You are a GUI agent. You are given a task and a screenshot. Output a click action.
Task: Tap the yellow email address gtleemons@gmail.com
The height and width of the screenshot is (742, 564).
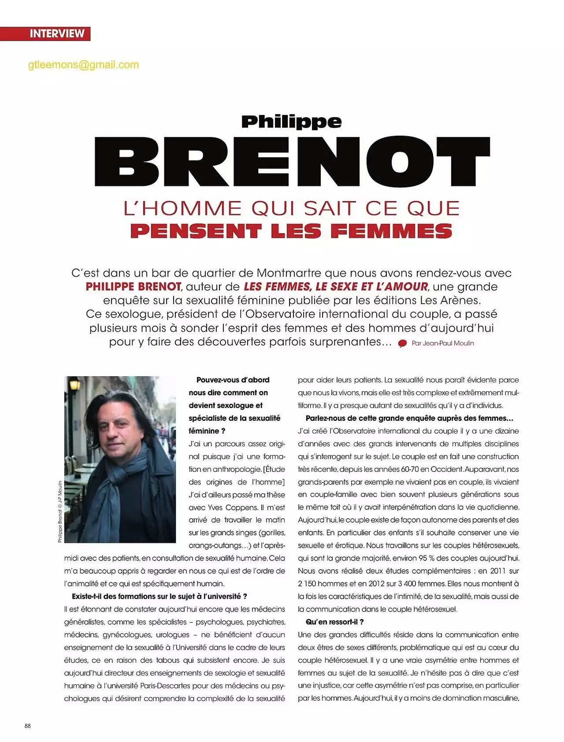[83, 65]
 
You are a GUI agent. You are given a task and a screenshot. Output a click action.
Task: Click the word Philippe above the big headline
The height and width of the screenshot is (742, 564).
[291, 122]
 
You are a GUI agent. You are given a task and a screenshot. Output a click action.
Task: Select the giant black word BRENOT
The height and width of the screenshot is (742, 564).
[292, 161]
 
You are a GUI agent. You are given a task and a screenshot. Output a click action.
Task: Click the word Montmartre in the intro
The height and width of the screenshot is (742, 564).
[289, 273]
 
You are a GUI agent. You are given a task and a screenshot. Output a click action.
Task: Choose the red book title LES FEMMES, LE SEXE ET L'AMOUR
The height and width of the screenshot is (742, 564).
[336, 287]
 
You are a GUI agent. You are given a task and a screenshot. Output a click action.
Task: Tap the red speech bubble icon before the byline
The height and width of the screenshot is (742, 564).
[402, 344]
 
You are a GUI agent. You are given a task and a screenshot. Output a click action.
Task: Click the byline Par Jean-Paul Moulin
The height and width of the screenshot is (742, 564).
[442, 343]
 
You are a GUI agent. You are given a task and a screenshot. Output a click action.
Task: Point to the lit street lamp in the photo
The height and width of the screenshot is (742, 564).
[74, 385]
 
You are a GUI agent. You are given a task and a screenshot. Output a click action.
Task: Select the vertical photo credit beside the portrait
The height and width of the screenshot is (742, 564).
[60, 511]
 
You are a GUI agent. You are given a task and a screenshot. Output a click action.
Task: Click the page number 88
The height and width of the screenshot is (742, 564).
[27, 726]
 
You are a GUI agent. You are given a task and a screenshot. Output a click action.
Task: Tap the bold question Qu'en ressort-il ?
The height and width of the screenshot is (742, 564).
[335, 622]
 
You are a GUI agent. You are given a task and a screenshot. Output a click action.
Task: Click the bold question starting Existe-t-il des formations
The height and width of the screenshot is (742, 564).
[160, 597]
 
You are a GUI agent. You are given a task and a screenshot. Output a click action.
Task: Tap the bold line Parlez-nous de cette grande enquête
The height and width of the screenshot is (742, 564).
[409, 418]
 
